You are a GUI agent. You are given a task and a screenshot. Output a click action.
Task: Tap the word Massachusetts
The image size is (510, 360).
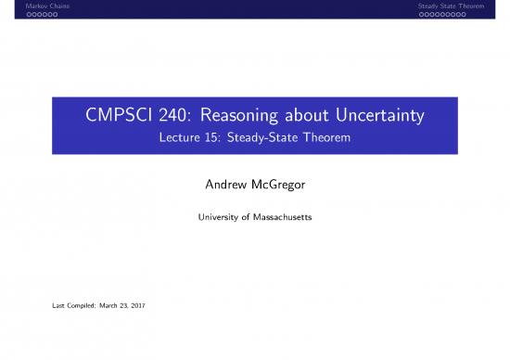(281, 220)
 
